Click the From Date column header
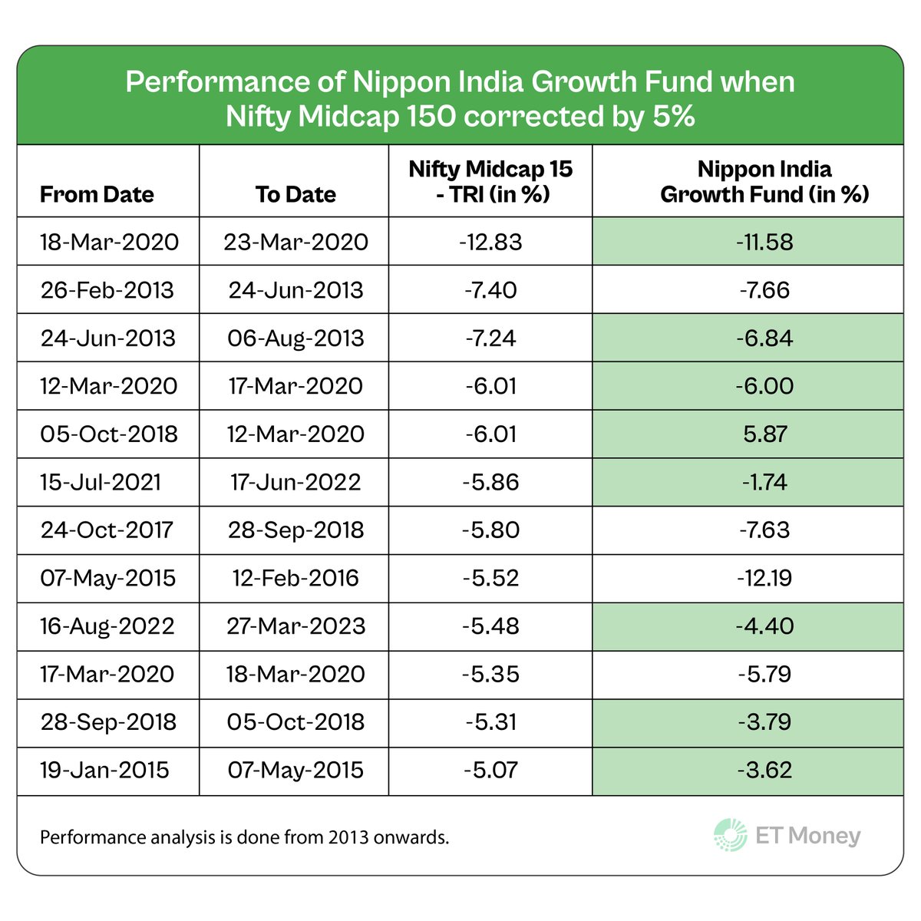pos(97,194)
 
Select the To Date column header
pos(295,194)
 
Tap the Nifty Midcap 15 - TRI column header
pos(490,181)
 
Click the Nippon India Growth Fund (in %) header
pos(764,181)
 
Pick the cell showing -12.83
pos(490,243)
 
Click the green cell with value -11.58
pos(764,243)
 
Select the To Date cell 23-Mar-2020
pos(295,243)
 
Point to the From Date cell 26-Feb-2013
pos(107,290)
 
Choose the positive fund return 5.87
pos(764,434)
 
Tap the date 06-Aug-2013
pos(295,338)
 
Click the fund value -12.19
pos(764,578)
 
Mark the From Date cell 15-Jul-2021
pos(101,482)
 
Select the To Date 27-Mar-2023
pos(295,626)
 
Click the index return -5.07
pos(490,770)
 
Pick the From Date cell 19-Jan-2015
pos(104,770)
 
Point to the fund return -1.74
pos(764,482)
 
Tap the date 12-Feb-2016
pos(295,578)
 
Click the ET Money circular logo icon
pos(730,835)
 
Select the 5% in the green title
pos(670,117)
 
